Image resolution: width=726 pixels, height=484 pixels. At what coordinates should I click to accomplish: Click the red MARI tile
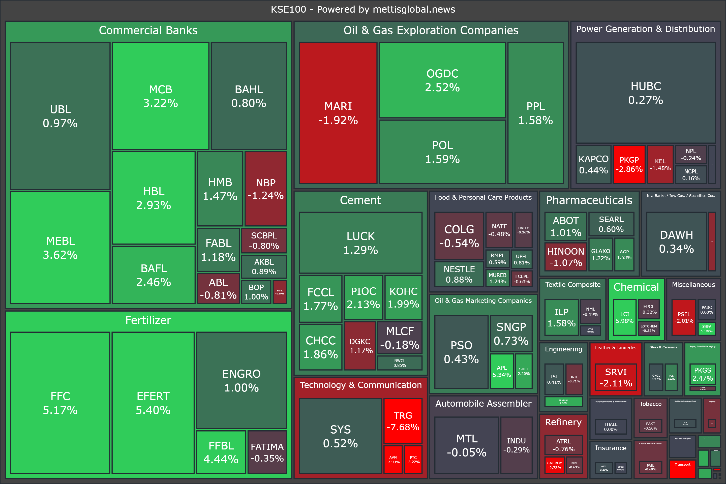coord(338,113)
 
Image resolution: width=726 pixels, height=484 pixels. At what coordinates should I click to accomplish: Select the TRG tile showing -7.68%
coord(403,421)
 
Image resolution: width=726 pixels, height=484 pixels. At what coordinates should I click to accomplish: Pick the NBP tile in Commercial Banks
coord(265,189)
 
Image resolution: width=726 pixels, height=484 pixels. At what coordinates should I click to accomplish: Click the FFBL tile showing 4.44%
coord(221,452)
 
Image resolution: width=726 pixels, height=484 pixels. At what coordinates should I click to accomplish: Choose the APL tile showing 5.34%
coord(502,371)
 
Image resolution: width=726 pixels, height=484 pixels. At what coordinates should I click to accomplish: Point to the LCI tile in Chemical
coord(624,317)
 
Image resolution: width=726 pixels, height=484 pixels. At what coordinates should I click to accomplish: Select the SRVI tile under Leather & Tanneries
coord(616,377)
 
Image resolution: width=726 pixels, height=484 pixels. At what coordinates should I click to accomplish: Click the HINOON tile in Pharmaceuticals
coord(565,257)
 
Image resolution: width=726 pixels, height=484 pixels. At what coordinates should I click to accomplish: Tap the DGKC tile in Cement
coord(360,346)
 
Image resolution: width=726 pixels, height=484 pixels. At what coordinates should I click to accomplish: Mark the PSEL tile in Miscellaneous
coord(684,317)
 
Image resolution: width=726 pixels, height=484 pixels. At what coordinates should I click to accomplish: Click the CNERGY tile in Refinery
coord(554,465)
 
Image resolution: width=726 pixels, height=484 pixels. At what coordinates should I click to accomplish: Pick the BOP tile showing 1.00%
coord(256,292)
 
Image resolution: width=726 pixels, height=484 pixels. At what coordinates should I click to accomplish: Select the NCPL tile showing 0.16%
coord(691,175)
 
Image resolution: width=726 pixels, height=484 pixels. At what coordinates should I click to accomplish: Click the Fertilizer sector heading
coord(148,320)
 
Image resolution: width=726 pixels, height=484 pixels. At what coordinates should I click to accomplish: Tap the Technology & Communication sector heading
coord(360,385)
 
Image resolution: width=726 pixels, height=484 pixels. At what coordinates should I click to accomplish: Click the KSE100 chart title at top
coord(363,9)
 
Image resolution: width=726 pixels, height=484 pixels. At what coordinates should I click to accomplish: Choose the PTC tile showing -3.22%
coord(413,459)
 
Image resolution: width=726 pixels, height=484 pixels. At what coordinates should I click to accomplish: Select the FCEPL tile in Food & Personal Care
coord(522,278)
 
